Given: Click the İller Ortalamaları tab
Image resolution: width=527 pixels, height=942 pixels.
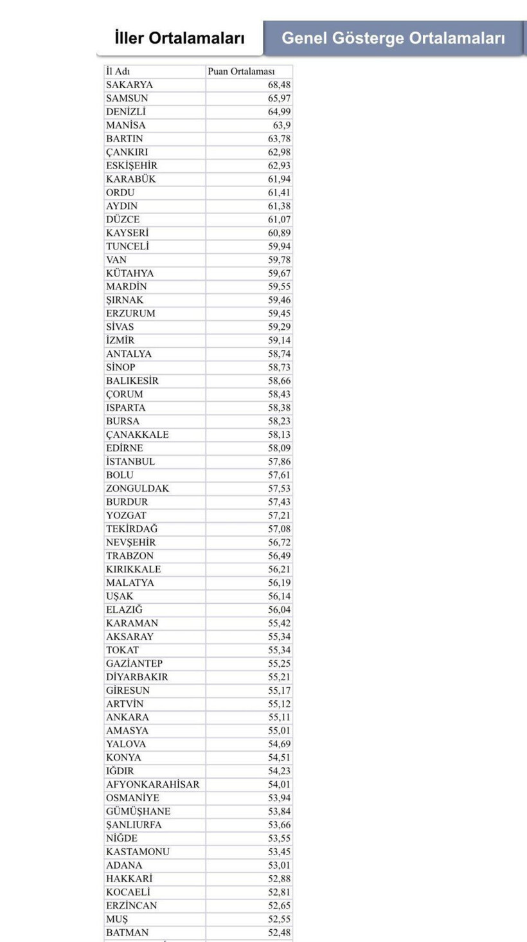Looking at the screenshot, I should point(179,39).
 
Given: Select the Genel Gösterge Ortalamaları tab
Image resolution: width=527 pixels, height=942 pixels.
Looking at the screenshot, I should point(393,39).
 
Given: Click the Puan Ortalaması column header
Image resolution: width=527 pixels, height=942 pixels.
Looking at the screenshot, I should point(241,71).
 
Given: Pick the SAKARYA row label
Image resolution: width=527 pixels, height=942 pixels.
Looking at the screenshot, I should point(129,85).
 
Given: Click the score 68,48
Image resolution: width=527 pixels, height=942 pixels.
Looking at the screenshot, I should point(279,85).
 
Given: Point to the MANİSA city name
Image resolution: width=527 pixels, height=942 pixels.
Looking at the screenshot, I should point(126,125).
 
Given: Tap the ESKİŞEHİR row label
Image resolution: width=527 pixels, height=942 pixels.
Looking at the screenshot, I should point(132,166).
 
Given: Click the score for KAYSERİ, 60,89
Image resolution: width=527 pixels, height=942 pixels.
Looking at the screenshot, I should point(279,233).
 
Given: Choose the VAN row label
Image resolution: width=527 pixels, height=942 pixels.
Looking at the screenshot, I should point(116,260).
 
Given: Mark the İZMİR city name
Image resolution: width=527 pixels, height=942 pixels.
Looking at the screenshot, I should point(120,341).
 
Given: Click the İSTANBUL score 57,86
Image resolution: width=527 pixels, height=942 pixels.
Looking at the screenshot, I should point(279,462).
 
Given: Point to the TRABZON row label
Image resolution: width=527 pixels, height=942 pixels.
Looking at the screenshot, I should point(130,556).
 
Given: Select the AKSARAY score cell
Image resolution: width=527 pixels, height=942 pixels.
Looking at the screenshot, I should point(279,637).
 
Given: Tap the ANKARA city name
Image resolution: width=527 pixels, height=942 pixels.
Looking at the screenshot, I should point(127,718).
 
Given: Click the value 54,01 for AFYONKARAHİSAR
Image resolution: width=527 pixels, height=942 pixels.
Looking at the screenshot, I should point(279,784).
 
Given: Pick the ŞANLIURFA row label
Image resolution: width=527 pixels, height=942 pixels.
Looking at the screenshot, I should point(134,825).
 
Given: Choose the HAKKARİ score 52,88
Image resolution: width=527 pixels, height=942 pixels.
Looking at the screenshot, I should point(279,879).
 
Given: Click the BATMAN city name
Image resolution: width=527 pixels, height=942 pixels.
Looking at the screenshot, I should point(127,933).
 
